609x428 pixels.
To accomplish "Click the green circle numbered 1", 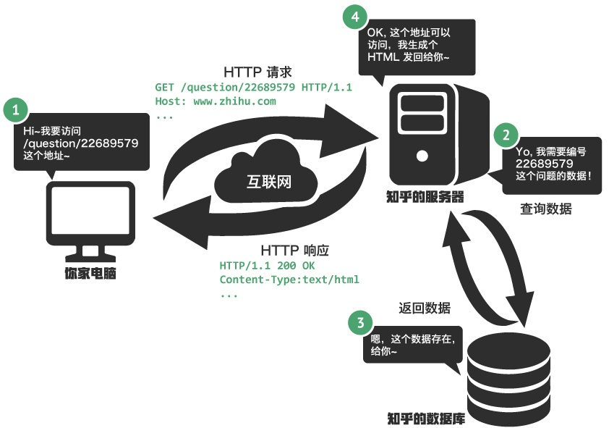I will [x=16, y=112].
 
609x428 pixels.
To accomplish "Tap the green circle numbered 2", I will [x=506, y=134].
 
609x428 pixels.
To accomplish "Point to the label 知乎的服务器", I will [x=425, y=198].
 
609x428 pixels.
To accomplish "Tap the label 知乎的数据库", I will [x=426, y=419].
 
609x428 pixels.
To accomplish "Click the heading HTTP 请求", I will [x=257, y=72].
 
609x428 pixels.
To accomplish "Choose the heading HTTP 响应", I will [x=295, y=250].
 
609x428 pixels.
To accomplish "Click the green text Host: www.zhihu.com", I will [x=216, y=101].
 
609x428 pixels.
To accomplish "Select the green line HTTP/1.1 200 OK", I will [x=267, y=265].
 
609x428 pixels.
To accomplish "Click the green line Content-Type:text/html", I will [x=289, y=280].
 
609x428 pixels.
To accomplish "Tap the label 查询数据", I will [x=545, y=209].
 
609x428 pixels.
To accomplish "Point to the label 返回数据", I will [x=425, y=308].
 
